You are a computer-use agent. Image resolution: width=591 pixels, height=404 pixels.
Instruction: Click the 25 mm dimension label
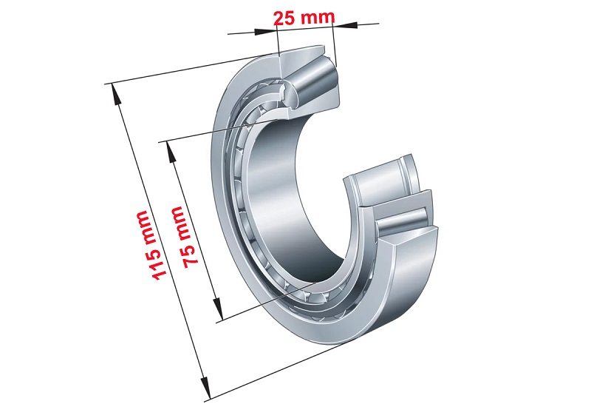click(304, 18)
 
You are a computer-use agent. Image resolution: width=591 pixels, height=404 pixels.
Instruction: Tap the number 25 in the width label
click(284, 18)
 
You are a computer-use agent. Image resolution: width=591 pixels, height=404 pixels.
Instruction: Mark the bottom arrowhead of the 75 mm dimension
click(217, 308)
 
